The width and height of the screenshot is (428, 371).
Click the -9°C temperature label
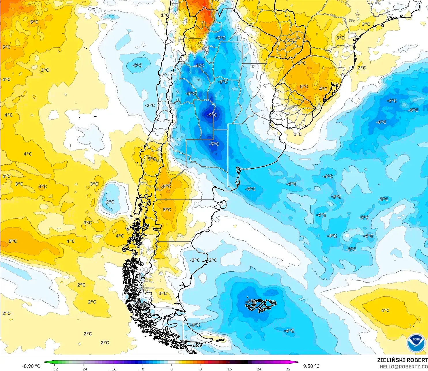(212, 115)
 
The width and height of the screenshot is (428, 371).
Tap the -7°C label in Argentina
(214, 144)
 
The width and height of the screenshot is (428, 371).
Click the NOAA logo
(416, 343)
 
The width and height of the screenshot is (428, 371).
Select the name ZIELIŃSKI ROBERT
(402, 360)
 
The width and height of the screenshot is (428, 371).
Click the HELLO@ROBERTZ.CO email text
(404, 367)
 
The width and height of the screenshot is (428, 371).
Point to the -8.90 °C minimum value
(31, 366)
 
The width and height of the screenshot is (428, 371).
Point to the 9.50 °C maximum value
(311, 366)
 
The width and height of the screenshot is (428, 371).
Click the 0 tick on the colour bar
(171, 369)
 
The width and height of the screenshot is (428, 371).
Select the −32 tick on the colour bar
(54, 369)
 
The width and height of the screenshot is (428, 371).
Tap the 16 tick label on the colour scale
(230, 369)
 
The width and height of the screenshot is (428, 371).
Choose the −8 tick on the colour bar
(142, 369)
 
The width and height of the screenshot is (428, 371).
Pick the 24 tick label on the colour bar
(259, 369)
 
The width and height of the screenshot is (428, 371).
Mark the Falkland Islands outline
(261, 305)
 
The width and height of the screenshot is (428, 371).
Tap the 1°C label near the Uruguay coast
(297, 134)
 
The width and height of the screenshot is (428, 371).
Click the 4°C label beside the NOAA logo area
(385, 310)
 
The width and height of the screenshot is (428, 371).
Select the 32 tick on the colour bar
(288, 369)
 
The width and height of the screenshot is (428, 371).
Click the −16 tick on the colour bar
(113, 369)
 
